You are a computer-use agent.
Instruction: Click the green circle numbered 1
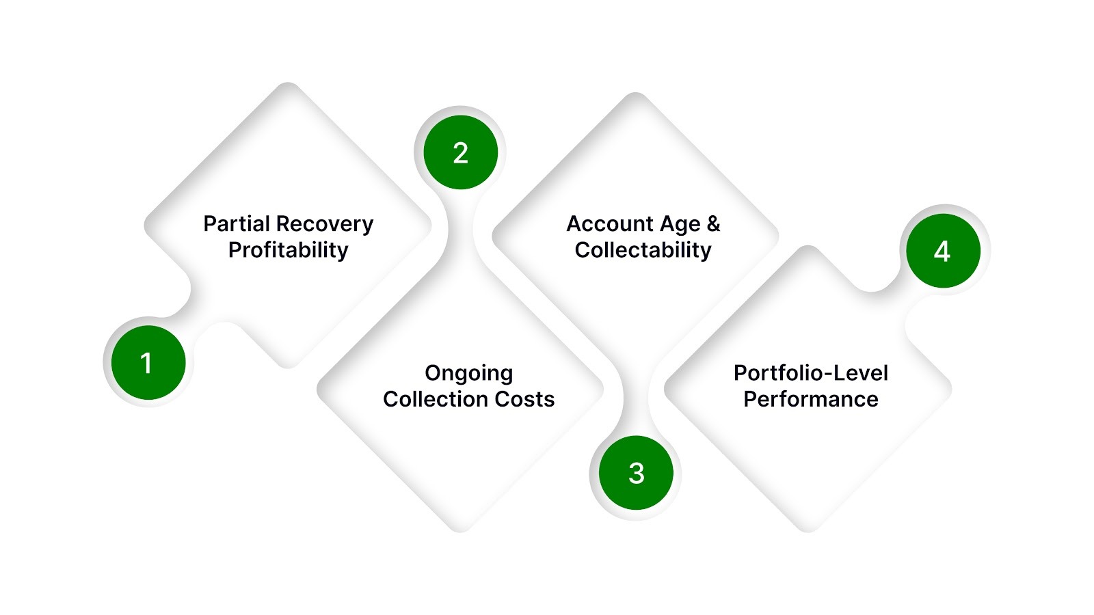pos(148,363)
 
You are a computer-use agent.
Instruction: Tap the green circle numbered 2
pos(460,152)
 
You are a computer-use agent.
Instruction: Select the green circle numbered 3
pos(636,473)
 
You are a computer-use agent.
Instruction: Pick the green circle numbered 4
pos(943,251)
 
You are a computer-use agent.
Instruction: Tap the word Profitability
pos(288,250)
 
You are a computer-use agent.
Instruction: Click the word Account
pos(610,224)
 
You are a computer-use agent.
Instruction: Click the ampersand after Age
pos(713,224)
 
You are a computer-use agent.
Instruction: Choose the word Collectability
pos(643,250)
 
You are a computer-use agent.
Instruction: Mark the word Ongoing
pos(468,374)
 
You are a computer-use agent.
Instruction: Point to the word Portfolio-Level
pos(811,373)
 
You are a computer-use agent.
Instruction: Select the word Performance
pos(811,399)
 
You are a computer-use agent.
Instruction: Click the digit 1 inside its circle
pos(146,363)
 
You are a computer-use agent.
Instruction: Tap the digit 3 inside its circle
pos(636,473)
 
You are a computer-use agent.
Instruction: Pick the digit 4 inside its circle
pos(942,251)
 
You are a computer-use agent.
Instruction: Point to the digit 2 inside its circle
pos(460,153)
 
